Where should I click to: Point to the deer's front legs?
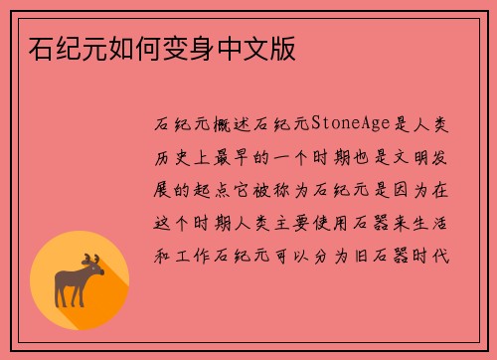pos(84,297)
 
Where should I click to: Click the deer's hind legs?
pos(64,297)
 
